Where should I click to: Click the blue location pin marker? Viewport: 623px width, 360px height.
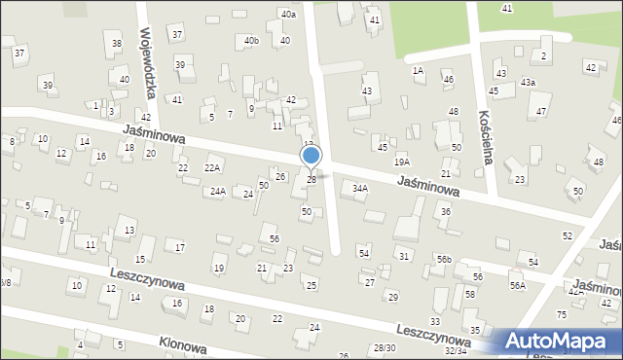311,156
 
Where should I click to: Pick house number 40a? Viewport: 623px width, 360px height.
287,15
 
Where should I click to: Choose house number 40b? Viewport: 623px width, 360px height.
252,41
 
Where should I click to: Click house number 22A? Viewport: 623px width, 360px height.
211,168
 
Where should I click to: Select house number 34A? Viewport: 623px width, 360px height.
360,189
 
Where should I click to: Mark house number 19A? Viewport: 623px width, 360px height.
401,162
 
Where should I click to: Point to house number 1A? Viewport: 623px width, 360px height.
418,71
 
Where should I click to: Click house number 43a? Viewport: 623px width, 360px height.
528,83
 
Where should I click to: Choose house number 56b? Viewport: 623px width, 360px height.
444,259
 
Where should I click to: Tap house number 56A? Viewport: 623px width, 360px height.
517,285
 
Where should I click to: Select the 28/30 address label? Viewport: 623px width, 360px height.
384,348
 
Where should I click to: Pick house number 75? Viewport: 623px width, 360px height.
561,314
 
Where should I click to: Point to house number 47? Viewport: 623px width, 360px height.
541,112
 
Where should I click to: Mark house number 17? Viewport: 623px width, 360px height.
179,248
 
